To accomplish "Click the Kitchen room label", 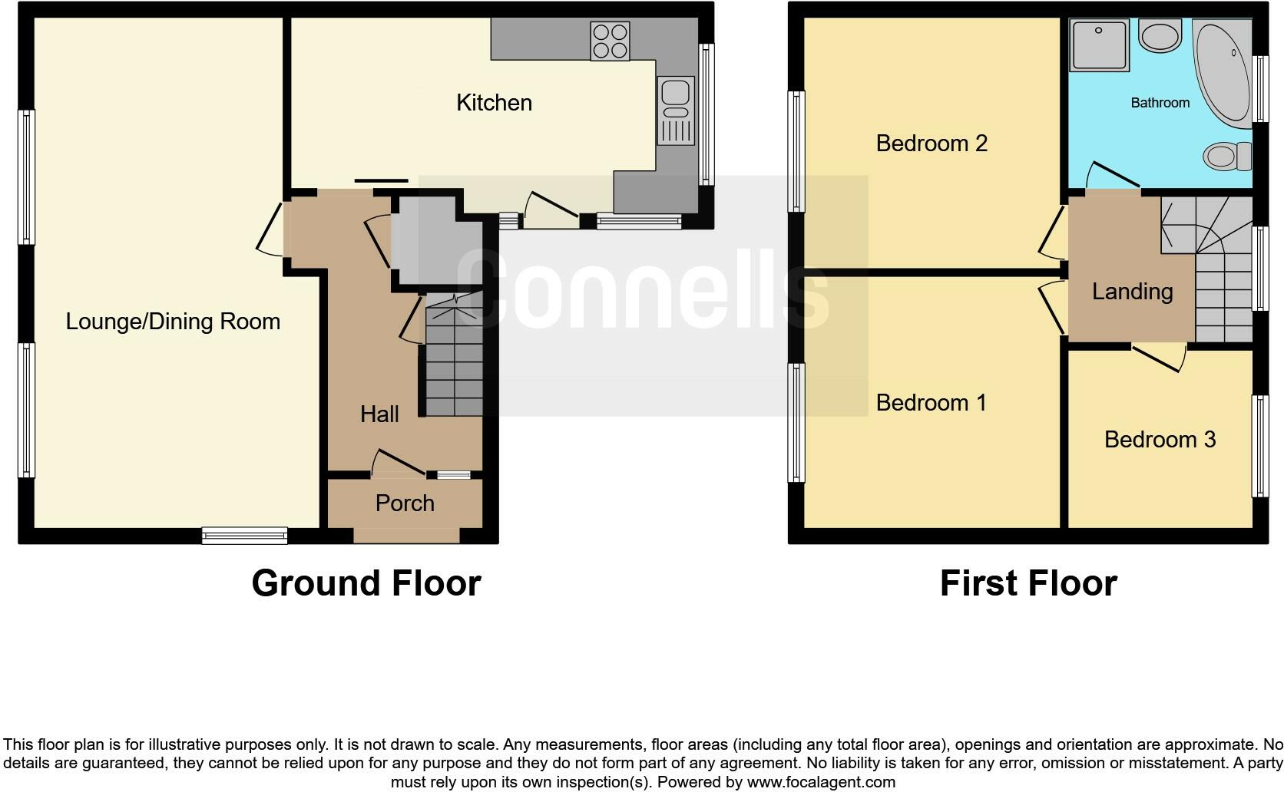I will click(x=494, y=103).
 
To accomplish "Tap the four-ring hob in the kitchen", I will click(x=610, y=41).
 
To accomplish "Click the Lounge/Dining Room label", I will click(x=173, y=322).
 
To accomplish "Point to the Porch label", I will click(x=405, y=503).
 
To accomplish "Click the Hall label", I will click(x=379, y=414).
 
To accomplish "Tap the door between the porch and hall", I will click(x=398, y=464).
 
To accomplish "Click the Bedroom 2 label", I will click(x=932, y=144).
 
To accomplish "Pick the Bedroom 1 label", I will click(x=931, y=403).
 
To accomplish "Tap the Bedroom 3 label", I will click(x=1160, y=440).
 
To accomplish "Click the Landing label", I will click(x=1132, y=292).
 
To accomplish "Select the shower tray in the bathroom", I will click(x=1100, y=45).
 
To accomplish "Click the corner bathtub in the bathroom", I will click(x=1224, y=73).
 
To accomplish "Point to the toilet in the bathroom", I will click(x=1226, y=157).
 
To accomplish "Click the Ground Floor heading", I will click(x=366, y=583).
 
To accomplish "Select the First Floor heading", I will click(x=1028, y=583).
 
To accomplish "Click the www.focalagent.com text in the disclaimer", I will click(x=820, y=783).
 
